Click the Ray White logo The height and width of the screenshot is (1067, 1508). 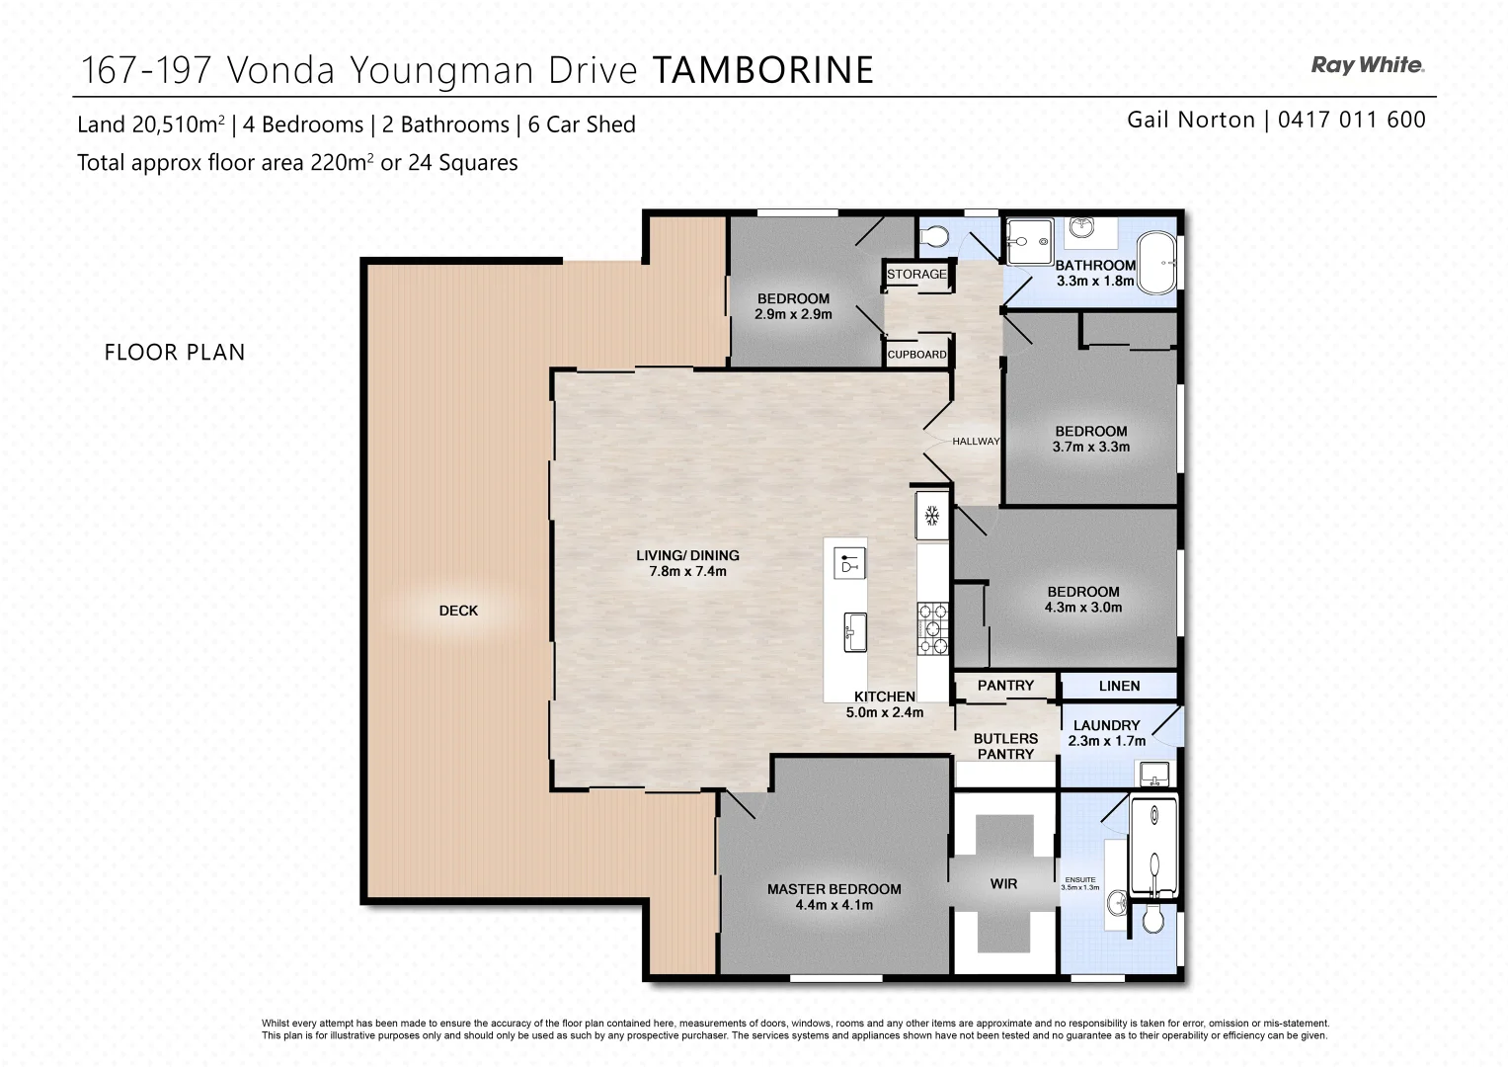(x=1367, y=65)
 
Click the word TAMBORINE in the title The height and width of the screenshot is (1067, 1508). (x=762, y=70)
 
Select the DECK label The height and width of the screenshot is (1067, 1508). (x=458, y=612)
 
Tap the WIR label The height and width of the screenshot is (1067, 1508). (x=1003, y=884)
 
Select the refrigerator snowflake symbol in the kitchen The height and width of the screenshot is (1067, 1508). (x=930, y=515)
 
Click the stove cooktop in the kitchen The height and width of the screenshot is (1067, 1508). (x=933, y=628)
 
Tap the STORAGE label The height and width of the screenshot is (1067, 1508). (x=916, y=275)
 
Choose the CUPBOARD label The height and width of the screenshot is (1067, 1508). (x=916, y=354)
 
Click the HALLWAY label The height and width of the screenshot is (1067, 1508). (x=976, y=442)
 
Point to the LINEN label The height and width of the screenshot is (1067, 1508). (x=1119, y=686)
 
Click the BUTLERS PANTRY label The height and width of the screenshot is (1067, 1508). (x=1005, y=746)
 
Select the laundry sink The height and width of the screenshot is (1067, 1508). (x=1152, y=772)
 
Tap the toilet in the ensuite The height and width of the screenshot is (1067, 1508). (x=1153, y=920)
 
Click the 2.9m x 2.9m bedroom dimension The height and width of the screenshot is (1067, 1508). (x=793, y=315)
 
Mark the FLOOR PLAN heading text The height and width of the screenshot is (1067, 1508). (x=175, y=353)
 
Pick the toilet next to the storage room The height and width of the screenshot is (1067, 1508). (x=933, y=237)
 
